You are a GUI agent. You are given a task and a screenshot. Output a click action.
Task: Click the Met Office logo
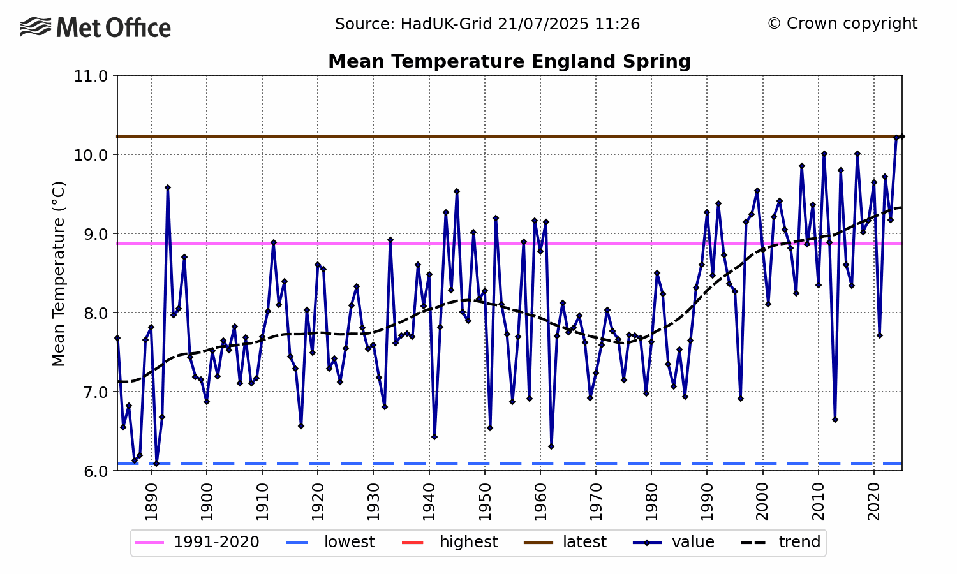click(x=96, y=28)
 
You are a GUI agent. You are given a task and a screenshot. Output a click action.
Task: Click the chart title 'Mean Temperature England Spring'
click(x=509, y=62)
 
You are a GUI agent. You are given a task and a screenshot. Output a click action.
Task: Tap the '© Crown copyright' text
click(x=842, y=24)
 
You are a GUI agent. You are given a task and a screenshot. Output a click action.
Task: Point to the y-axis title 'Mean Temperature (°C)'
click(x=59, y=274)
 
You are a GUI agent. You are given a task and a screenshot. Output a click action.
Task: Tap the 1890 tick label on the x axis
click(x=151, y=497)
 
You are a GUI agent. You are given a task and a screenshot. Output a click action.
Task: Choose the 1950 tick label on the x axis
click(x=485, y=497)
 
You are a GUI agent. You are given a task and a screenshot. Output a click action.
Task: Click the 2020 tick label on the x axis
click(x=874, y=497)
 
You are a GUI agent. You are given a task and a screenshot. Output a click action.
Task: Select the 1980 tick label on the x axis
click(x=651, y=497)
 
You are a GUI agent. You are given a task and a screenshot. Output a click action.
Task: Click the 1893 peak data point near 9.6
click(x=168, y=188)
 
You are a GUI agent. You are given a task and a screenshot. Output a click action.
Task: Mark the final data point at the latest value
click(x=901, y=136)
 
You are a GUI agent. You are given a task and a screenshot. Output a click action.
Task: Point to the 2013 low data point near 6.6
click(x=835, y=420)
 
